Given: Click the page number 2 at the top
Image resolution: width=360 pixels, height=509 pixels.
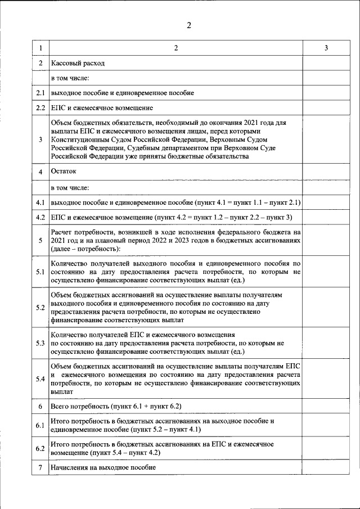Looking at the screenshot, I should pyautogui.click(x=189, y=25).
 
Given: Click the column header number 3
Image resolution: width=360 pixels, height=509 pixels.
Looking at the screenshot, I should pyautogui.click(x=326, y=49).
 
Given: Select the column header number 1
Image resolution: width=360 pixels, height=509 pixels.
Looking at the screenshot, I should pyautogui.click(x=40, y=49).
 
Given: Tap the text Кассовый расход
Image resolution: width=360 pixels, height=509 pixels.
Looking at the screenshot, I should pyautogui.click(x=78, y=63).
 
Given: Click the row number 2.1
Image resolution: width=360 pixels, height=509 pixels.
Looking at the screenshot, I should pyautogui.click(x=40, y=92).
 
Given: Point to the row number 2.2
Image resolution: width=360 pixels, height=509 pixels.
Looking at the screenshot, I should pyautogui.click(x=40, y=107).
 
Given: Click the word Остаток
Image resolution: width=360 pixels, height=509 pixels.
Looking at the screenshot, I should pyautogui.click(x=63, y=171).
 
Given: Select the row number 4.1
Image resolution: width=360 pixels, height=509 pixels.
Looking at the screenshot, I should pyautogui.click(x=40, y=201).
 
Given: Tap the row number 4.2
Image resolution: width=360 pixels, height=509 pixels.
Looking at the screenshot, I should pyautogui.click(x=40, y=217).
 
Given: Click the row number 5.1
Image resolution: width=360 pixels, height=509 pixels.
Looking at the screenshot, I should pyautogui.click(x=40, y=271).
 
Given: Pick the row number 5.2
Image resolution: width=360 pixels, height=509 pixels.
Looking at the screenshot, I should pyautogui.click(x=40, y=308).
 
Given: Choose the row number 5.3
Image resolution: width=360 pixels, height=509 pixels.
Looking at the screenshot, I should pyautogui.click(x=40, y=343).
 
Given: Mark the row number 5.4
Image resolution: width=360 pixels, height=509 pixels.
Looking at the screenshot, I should pyautogui.click(x=40, y=379).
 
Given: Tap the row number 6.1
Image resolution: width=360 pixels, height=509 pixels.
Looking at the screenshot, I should pyautogui.click(x=40, y=425).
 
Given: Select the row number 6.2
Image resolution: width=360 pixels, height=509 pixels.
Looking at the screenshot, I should pyautogui.click(x=40, y=448).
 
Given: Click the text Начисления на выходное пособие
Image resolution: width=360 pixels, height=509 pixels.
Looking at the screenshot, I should pyautogui.click(x=103, y=467).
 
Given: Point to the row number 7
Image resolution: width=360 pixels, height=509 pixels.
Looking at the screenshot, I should pyautogui.click(x=40, y=467).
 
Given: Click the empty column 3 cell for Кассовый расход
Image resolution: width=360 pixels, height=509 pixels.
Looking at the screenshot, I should pyautogui.click(x=326, y=63).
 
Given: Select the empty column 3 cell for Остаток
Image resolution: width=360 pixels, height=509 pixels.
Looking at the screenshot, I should pyautogui.click(x=326, y=171).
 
